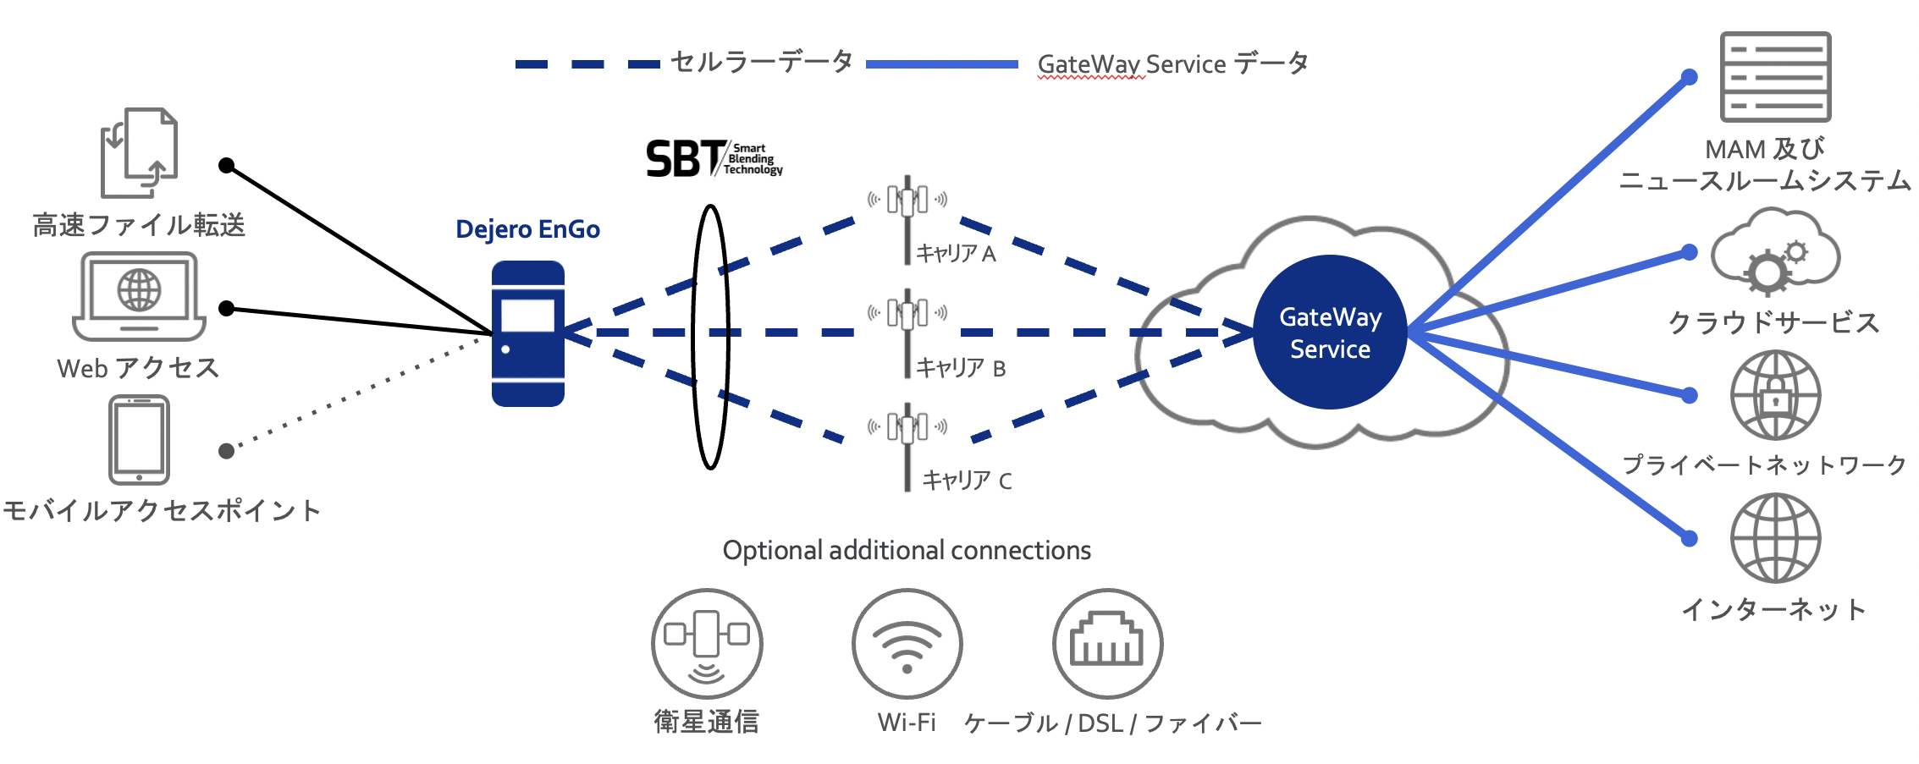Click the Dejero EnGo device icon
coord(528,333)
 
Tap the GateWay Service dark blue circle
coord(1329,333)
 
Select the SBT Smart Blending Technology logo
coord(713,159)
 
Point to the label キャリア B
coord(961,368)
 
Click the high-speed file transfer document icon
coord(139,152)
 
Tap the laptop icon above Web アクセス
coord(140,297)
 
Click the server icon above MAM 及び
coord(1775,77)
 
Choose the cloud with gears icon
coord(1774,252)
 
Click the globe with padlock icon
coord(1775,395)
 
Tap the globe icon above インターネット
coord(1775,538)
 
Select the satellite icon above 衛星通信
coord(707,644)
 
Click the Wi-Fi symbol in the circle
coord(907,644)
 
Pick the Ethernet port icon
coord(1107,644)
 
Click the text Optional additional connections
coord(907,551)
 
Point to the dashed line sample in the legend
coord(587,64)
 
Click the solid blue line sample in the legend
coord(942,64)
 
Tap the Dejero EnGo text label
coord(527,229)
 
